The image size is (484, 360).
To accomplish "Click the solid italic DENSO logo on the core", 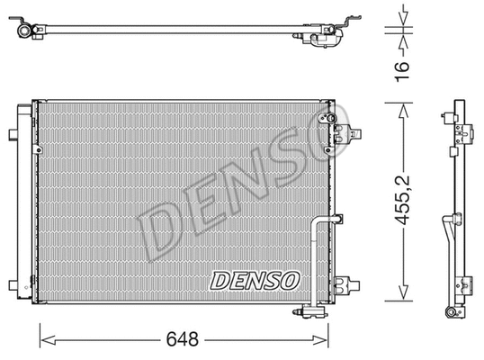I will coord(254,281).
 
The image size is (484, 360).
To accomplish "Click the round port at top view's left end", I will coord(21,29).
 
